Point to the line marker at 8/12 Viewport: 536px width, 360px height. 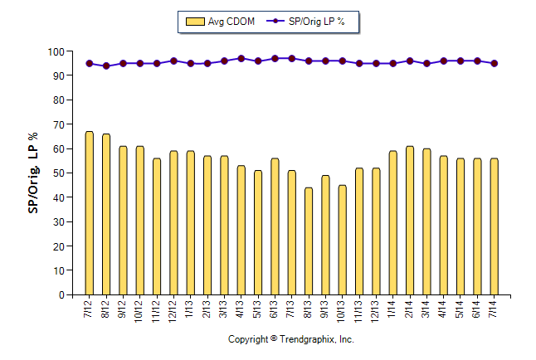pos(106,66)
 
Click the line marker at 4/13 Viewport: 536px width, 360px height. pos(241,59)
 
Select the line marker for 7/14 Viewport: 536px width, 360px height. pos(495,63)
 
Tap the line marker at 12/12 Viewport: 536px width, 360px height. pos(173,61)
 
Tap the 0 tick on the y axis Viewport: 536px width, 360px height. pos(61,295)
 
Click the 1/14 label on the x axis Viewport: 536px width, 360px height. pos(393,309)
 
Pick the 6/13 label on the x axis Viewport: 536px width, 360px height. pos(275,309)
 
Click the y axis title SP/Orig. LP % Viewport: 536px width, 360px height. pos(33,173)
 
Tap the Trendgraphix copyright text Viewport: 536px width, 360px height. pos(291,339)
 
